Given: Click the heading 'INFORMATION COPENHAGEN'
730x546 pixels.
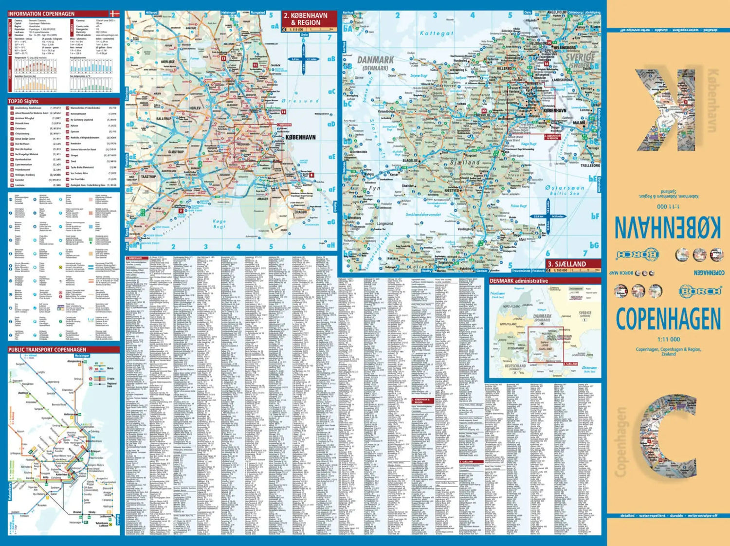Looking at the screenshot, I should [41, 14].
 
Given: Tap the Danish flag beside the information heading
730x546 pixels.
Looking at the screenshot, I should [114, 14].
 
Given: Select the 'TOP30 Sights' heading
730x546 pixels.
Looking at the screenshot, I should [23, 101].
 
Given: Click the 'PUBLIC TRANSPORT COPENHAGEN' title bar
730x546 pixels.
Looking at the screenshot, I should [47, 349].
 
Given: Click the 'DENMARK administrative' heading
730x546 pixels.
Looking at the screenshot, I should [518, 281].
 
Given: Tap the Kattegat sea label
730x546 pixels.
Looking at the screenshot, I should [437, 33].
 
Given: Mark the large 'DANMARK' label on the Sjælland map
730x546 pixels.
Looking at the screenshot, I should [375, 60].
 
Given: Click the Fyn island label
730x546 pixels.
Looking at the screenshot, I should [374, 188].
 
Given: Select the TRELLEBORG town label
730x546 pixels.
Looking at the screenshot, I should [590, 165].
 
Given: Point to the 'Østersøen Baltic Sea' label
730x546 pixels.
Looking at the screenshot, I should [565, 190].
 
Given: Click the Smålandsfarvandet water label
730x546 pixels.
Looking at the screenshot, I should [423, 214].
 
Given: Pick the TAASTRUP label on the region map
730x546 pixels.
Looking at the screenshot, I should [148, 177].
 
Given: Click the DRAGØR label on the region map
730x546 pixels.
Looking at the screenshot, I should [300, 212].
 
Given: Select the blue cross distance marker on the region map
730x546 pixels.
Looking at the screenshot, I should [304, 59].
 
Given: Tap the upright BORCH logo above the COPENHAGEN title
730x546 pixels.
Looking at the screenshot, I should [700, 291].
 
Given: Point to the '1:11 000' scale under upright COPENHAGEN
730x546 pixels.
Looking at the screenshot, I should [668, 339].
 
